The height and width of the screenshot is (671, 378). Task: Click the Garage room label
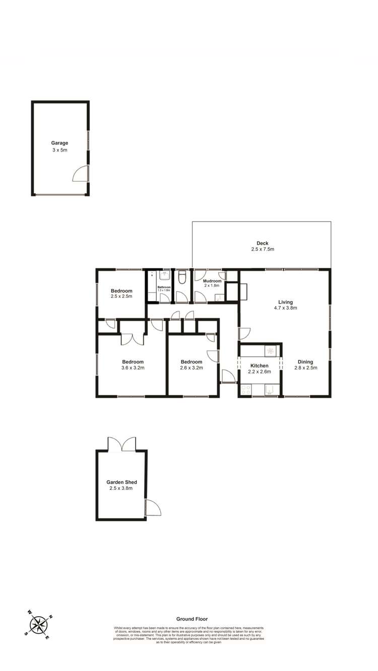(x=59, y=143)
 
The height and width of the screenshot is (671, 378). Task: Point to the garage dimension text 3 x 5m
(x=59, y=150)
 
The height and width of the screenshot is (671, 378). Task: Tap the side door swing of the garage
(x=81, y=173)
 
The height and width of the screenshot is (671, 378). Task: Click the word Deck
(x=262, y=243)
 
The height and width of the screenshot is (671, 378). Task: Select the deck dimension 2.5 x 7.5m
(x=262, y=249)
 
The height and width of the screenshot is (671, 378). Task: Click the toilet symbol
(x=182, y=277)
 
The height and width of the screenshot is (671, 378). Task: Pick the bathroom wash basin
(x=164, y=275)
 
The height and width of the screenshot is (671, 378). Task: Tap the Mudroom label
(x=212, y=281)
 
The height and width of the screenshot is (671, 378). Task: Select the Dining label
(x=305, y=362)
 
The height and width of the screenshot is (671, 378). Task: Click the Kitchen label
(x=260, y=366)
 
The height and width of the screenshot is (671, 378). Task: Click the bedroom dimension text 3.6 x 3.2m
(x=133, y=368)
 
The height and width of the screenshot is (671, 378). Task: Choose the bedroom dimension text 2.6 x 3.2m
(x=191, y=368)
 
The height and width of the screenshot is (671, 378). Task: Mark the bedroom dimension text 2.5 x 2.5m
(x=121, y=296)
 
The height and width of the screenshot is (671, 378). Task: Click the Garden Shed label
(x=121, y=482)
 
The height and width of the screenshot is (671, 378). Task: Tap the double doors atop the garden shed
(x=122, y=444)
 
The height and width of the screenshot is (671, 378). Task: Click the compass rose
(x=38, y=625)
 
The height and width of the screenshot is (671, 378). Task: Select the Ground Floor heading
(x=192, y=619)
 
